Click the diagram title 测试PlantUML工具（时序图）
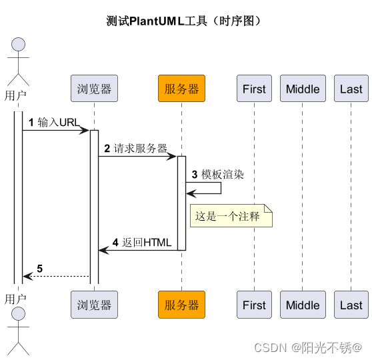click(185, 21)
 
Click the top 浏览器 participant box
click(94, 89)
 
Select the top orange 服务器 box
click(181, 89)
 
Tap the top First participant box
click(254, 89)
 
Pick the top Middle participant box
click(303, 89)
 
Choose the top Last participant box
click(351, 89)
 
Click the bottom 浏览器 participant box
click(94, 305)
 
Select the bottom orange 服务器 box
click(181, 305)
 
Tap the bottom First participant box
click(254, 305)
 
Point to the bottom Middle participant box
click(303, 305)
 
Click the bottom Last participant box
click(351, 305)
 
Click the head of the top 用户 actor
click(18, 45)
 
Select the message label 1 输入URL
click(53, 122)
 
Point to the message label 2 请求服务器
click(135, 148)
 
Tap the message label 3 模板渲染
click(217, 174)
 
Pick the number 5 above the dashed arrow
click(39, 268)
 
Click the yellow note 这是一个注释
click(231, 216)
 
